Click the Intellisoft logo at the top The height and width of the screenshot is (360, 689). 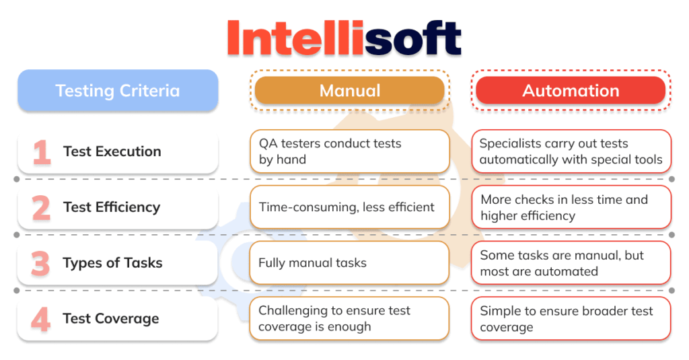344,36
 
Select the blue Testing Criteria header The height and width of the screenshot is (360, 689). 118,90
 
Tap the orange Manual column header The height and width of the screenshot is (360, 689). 349,90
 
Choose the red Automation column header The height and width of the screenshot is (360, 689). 571,90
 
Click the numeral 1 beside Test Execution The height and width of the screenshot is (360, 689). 42,152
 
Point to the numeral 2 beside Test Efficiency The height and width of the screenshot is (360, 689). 41,208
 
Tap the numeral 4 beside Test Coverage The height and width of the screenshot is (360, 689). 41,319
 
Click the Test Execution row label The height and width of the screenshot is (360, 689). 112,151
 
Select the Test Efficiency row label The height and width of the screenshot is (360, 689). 111,207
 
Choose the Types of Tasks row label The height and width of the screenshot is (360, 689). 112,263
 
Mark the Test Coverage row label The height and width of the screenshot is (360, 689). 111,319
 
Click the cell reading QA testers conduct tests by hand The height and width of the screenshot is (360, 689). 349,151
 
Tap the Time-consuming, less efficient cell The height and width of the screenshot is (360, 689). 349,207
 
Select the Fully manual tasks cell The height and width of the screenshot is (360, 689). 349,263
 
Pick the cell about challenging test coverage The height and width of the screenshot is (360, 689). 349,318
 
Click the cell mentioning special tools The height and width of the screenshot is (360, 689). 571,151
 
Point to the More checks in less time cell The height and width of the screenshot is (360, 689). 571,207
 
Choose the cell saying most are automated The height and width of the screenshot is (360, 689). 571,263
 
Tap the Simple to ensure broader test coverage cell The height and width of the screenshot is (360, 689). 571,318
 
